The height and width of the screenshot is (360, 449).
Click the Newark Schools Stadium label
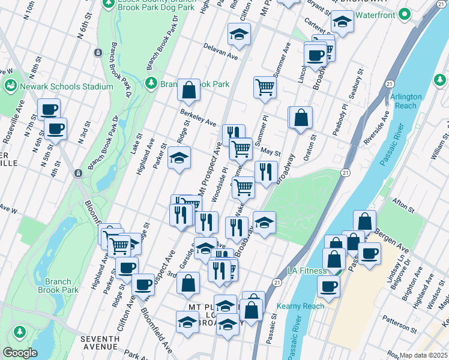tap(66, 86)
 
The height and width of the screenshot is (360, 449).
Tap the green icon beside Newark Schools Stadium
tap(10, 86)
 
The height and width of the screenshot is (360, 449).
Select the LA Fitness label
tap(308, 271)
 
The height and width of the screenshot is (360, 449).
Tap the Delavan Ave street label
tap(220, 51)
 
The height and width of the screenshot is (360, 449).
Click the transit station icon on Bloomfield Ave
tap(77, 173)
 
